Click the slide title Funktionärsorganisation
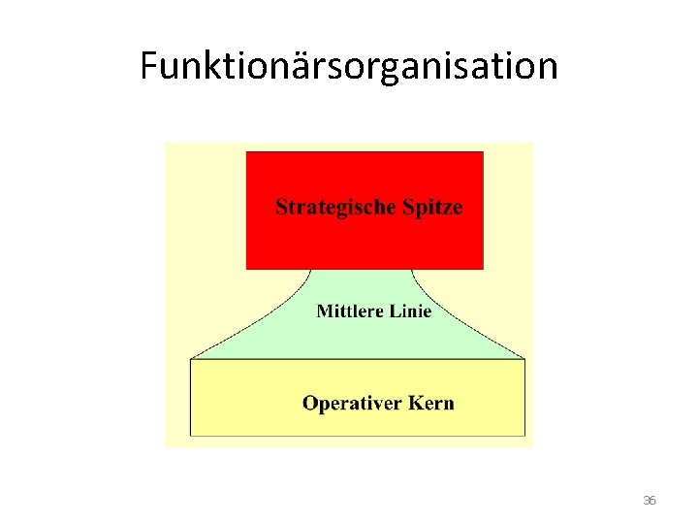click(x=349, y=66)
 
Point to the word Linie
click(x=407, y=311)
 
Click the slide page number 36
click(x=650, y=501)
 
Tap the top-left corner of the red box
click(x=247, y=152)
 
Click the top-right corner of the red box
click(x=483, y=152)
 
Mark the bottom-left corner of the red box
click(x=247, y=269)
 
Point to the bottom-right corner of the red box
click(x=483, y=269)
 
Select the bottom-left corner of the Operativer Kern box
click(x=191, y=436)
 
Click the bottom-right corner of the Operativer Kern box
click(x=524, y=436)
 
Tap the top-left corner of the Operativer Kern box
click(x=191, y=359)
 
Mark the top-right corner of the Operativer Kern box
click(x=524, y=359)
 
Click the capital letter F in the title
click(x=148, y=66)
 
